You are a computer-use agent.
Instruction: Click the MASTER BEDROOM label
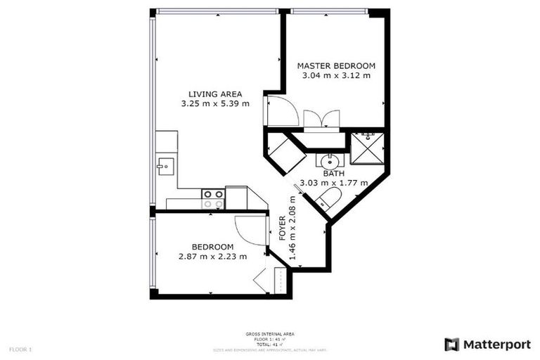click(336, 66)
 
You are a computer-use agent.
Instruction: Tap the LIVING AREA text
click(215, 94)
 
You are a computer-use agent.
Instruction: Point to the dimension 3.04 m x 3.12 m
click(336, 76)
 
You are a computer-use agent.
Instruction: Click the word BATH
click(333, 174)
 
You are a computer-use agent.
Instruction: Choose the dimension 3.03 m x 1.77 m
click(333, 183)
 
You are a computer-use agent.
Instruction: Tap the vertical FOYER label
click(283, 229)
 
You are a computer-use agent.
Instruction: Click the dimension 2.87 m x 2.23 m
click(212, 256)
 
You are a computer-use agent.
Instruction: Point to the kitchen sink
click(165, 167)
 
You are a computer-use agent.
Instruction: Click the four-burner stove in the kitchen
click(213, 199)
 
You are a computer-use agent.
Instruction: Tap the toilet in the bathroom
click(328, 198)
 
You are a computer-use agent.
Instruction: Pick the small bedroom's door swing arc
click(250, 230)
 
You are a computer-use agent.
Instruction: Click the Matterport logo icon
click(451, 345)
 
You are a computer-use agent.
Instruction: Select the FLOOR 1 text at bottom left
click(20, 349)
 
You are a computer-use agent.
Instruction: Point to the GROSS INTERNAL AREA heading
click(270, 334)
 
